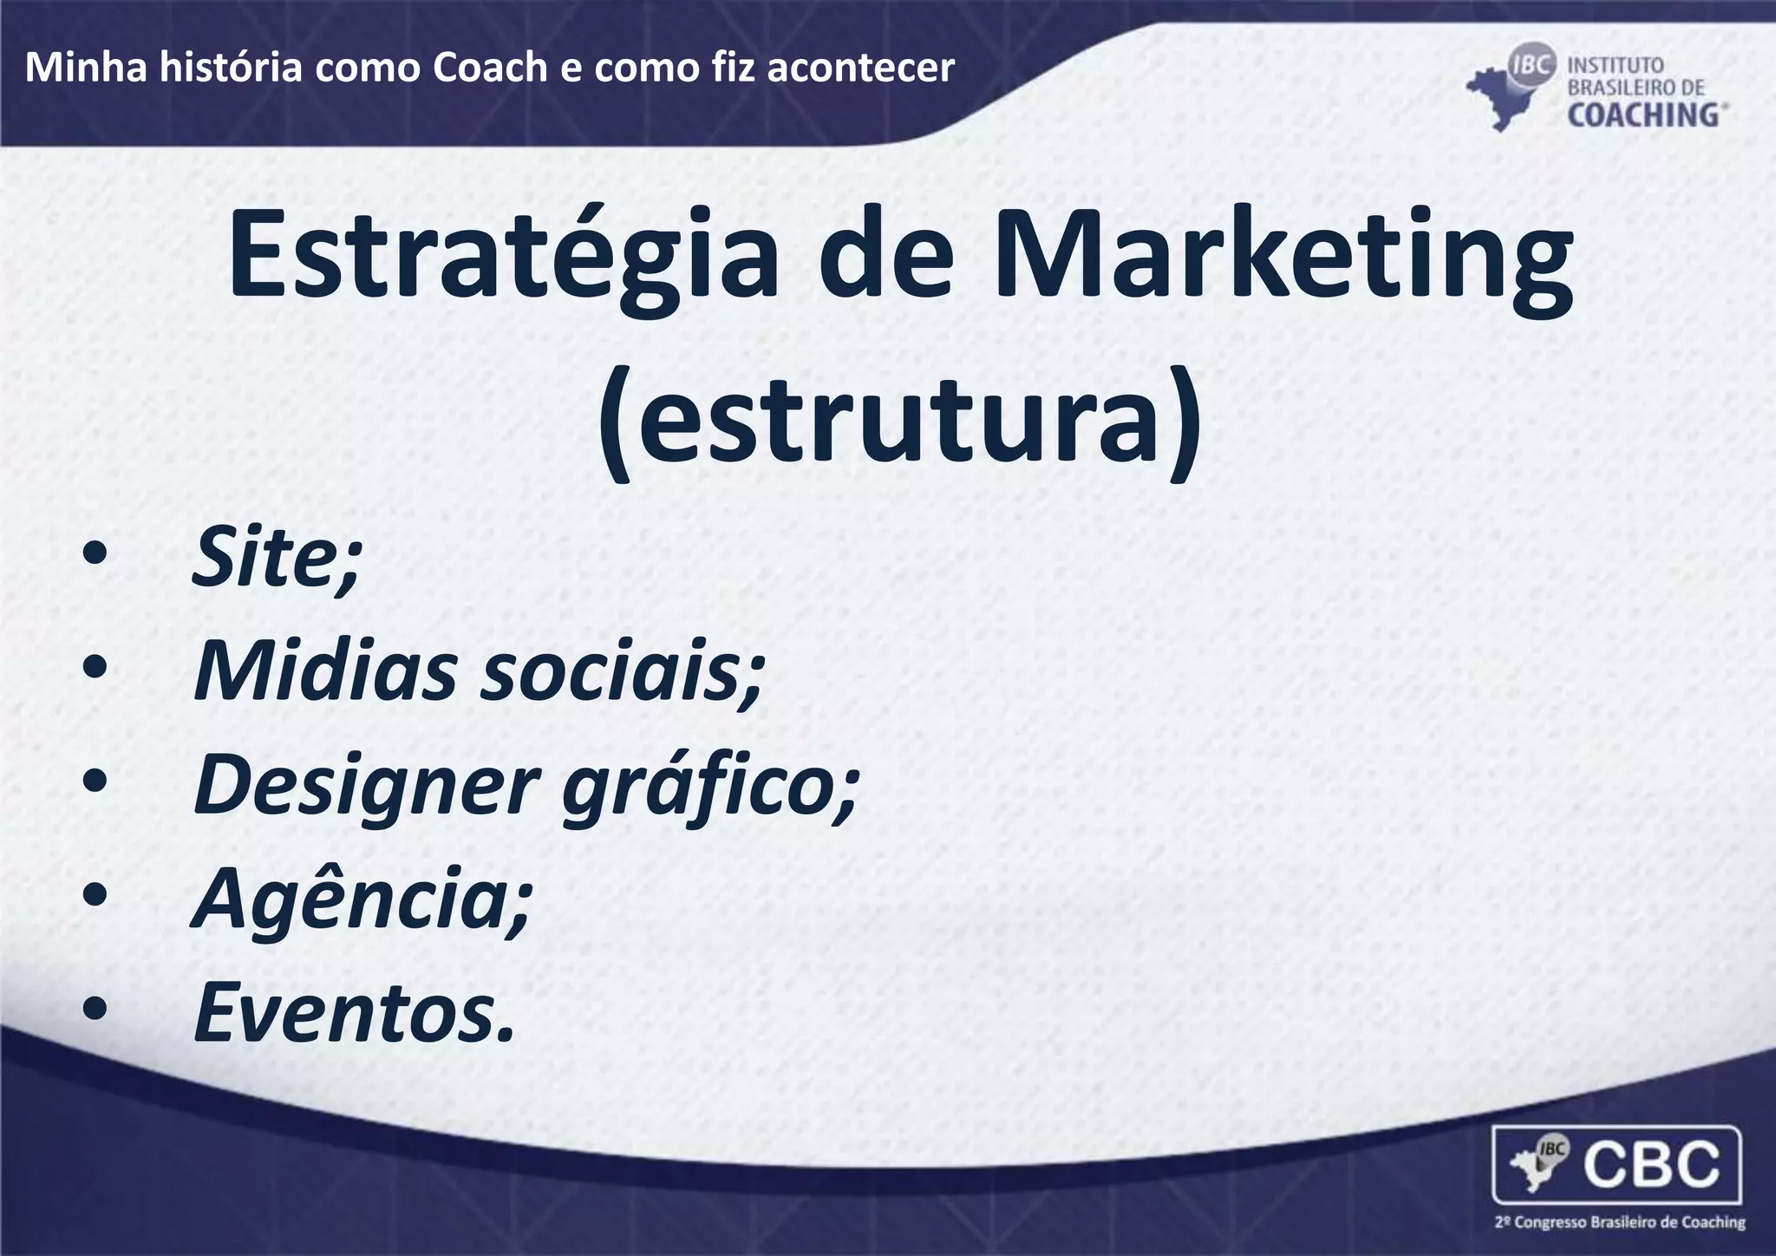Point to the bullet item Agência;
[360, 899]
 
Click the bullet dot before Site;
[95, 556]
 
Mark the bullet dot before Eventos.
[95, 1011]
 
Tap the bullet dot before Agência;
[95, 896]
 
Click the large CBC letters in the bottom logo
[1653, 1165]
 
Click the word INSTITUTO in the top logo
[1615, 65]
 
